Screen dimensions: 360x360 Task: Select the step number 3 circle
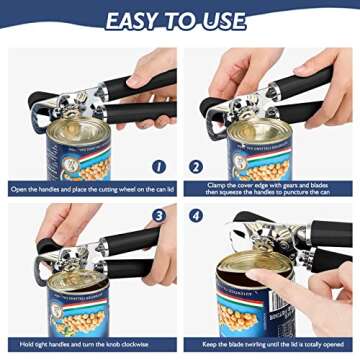click(159, 215)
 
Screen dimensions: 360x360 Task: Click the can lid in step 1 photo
click(71, 107)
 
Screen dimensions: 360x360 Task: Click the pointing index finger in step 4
click(290, 281)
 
